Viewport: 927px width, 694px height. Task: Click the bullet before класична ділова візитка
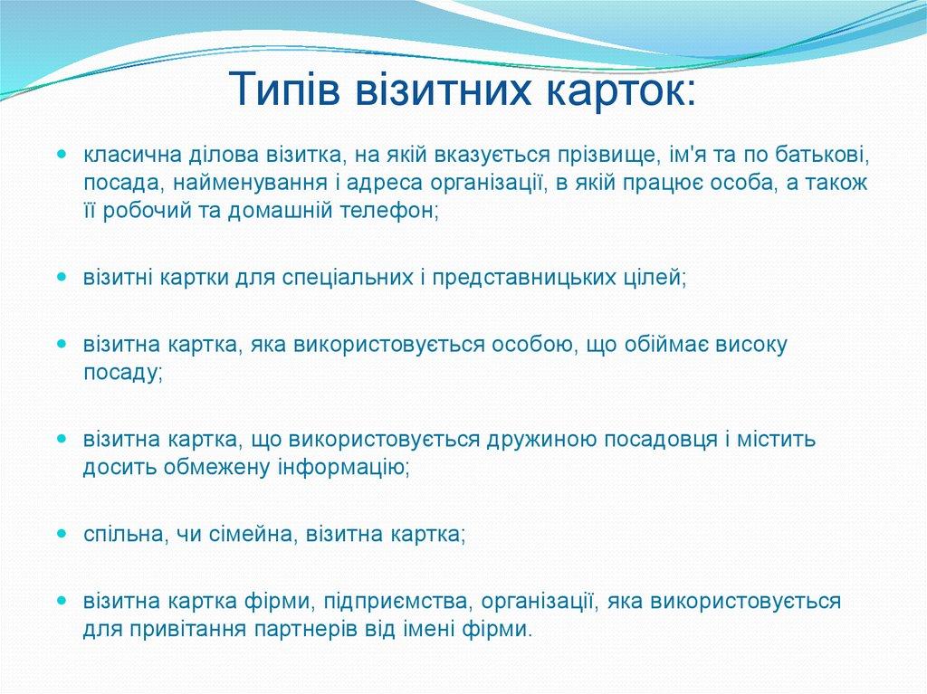tap(62, 154)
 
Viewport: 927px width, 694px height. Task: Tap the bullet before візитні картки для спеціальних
tap(62, 276)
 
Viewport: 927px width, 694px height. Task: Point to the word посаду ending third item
tap(122, 372)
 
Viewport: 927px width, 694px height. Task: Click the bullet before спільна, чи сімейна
tap(62, 534)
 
